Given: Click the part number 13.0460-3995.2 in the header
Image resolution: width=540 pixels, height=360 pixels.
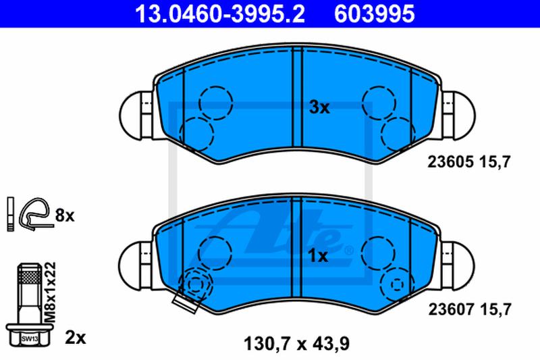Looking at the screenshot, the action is (220, 14).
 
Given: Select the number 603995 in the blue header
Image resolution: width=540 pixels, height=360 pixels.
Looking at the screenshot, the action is (375, 14).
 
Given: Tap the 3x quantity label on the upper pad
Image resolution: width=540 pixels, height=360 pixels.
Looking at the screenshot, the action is (319, 107).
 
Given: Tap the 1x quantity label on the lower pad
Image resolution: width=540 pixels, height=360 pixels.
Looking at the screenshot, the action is (318, 256).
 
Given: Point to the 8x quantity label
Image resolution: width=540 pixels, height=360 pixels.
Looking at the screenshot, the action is (65, 215).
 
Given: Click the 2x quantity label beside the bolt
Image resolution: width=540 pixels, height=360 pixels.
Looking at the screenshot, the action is (76, 338).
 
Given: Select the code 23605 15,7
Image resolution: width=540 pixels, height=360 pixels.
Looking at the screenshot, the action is (468, 161).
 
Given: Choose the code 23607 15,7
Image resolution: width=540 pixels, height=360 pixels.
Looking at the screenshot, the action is (470, 309).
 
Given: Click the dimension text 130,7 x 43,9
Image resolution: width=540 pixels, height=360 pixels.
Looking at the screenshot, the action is (296, 344).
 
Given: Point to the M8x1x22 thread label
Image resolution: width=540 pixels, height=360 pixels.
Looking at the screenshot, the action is (51, 292).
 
